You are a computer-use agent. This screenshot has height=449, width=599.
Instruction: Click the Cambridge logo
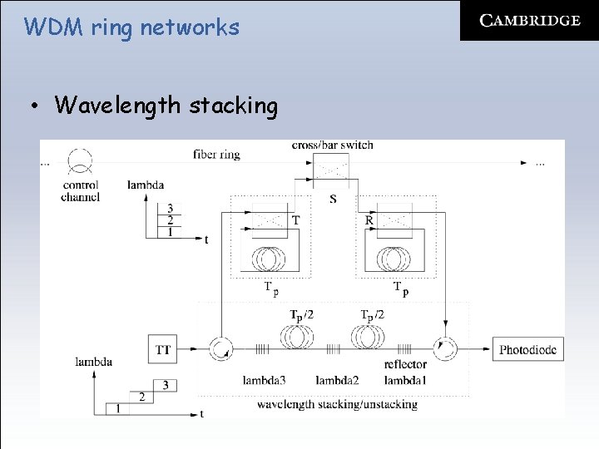point(530,21)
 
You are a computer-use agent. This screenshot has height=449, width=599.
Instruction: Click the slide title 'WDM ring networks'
point(131,27)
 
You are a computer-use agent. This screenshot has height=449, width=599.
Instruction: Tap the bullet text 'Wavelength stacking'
point(166,106)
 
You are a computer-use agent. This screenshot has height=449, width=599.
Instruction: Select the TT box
point(163,349)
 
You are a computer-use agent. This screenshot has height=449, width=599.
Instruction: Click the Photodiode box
point(528,350)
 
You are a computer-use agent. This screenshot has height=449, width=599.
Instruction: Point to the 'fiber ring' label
point(216,155)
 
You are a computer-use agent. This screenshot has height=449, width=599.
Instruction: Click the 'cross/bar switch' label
point(333,146)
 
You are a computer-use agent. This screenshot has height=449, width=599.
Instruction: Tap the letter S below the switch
point(333,200)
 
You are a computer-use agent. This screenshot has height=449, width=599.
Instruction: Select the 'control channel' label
point(81,191)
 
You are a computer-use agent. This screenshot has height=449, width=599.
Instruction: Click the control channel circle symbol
point(81,160)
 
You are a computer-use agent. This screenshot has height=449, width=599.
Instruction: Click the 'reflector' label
point(405,364)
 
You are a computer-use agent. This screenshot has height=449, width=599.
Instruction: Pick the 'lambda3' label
point(265,380)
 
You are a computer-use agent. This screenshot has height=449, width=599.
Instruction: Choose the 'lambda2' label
point(337,380)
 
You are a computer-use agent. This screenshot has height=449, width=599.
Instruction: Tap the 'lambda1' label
point(405,380)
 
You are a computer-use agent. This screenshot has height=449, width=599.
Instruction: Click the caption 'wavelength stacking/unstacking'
point(337,404)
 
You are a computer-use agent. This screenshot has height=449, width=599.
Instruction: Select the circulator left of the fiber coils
point(222,349)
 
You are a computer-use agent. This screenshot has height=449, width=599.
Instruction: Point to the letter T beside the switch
point(296,220)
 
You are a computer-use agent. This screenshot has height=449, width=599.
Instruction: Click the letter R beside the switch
point(369,220)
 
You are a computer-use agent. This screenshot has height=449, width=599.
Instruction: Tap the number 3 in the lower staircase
point(166,385)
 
